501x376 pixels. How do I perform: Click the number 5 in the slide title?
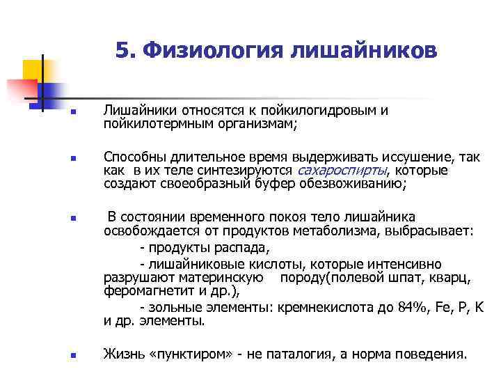pos(122,50)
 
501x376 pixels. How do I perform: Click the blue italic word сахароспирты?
pos(342,171)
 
